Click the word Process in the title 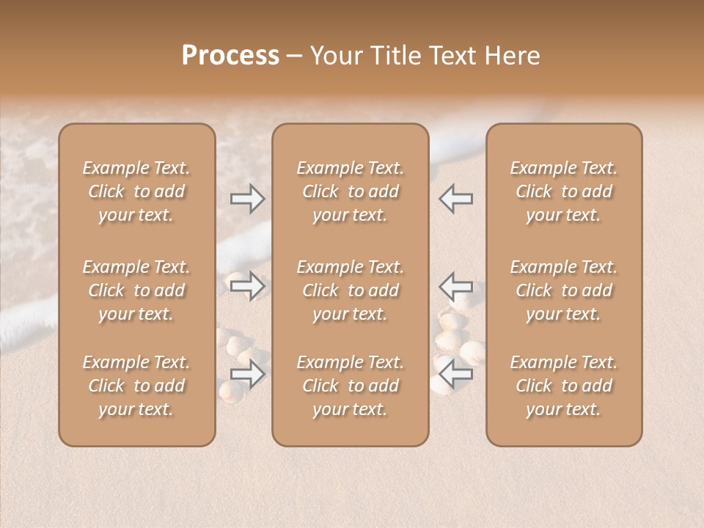click(230, 56)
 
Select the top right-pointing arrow click(247, 198)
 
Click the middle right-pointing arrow click(247, 286)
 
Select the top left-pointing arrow click(455, 198)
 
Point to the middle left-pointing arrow click(455, 286)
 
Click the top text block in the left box click(136, 191)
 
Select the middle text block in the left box click(136, 290)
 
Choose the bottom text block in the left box click(136, 386)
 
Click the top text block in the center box click(350, 191)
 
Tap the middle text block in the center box click(350, 290)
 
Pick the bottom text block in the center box click(350, 386)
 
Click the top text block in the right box click(564, 191)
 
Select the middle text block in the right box click(564, 290)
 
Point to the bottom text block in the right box click(564, 386)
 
